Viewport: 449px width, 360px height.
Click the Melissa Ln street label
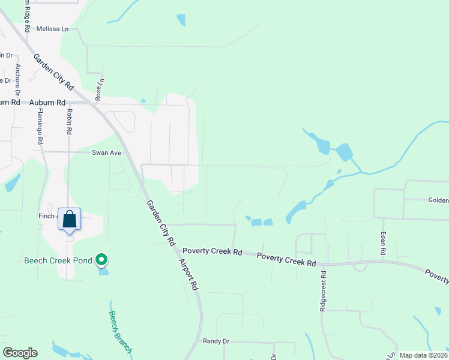53,28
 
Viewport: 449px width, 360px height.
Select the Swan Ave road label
106,153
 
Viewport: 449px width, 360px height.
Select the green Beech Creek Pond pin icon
102,260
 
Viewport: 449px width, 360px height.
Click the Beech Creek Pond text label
58,260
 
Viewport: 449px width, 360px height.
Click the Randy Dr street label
216,341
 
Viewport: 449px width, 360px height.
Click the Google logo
20,353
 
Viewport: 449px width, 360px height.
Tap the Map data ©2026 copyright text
424,355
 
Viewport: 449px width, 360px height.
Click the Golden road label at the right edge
438,200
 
